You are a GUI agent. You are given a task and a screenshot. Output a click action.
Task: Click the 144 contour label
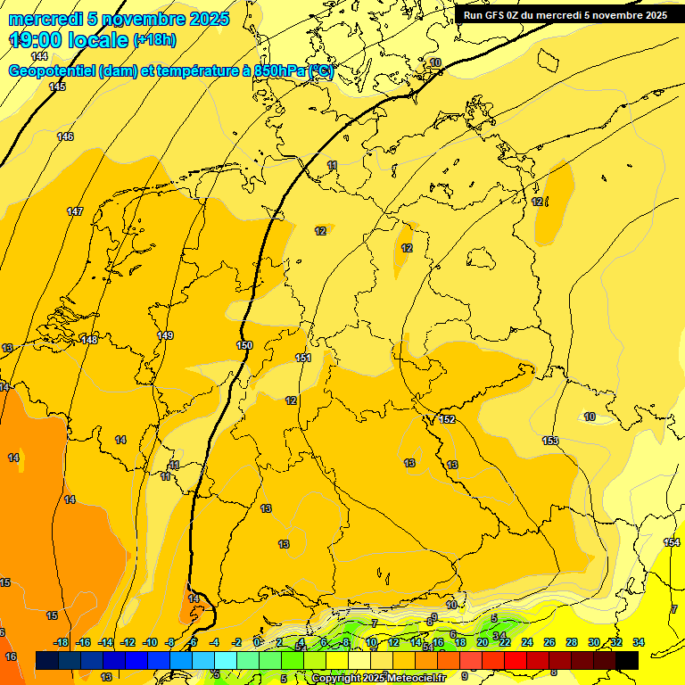coord(39,56)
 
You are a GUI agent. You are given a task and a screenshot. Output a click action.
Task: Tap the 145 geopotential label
coord(57,87)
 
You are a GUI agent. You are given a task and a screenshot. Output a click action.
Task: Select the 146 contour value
coord(65,136)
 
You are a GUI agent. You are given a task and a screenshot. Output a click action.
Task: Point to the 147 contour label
coord(75,211)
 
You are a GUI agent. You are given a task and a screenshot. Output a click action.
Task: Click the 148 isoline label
coord(89,340)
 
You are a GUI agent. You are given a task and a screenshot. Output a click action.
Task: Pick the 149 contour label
coord(165,335)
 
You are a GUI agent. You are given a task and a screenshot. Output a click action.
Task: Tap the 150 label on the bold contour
coord(244,345)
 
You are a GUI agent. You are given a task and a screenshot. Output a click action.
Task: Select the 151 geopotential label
coord(303,358)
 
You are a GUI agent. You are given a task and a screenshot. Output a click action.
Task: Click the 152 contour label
coord(448,419)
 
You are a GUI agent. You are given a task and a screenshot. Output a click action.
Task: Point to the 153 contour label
coord(550,441)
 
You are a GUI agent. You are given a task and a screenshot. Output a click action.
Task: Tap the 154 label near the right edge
coord(672,542)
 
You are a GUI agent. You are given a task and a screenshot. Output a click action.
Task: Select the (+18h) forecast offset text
coord(154,39)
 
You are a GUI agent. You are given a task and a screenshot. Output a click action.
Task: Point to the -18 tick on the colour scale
coord(62,642)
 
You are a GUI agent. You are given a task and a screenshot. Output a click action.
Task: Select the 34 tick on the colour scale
coord(638,642)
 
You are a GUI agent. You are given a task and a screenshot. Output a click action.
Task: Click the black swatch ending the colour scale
coord(627,660)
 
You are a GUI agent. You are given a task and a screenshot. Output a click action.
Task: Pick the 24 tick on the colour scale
coord(526,642)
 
